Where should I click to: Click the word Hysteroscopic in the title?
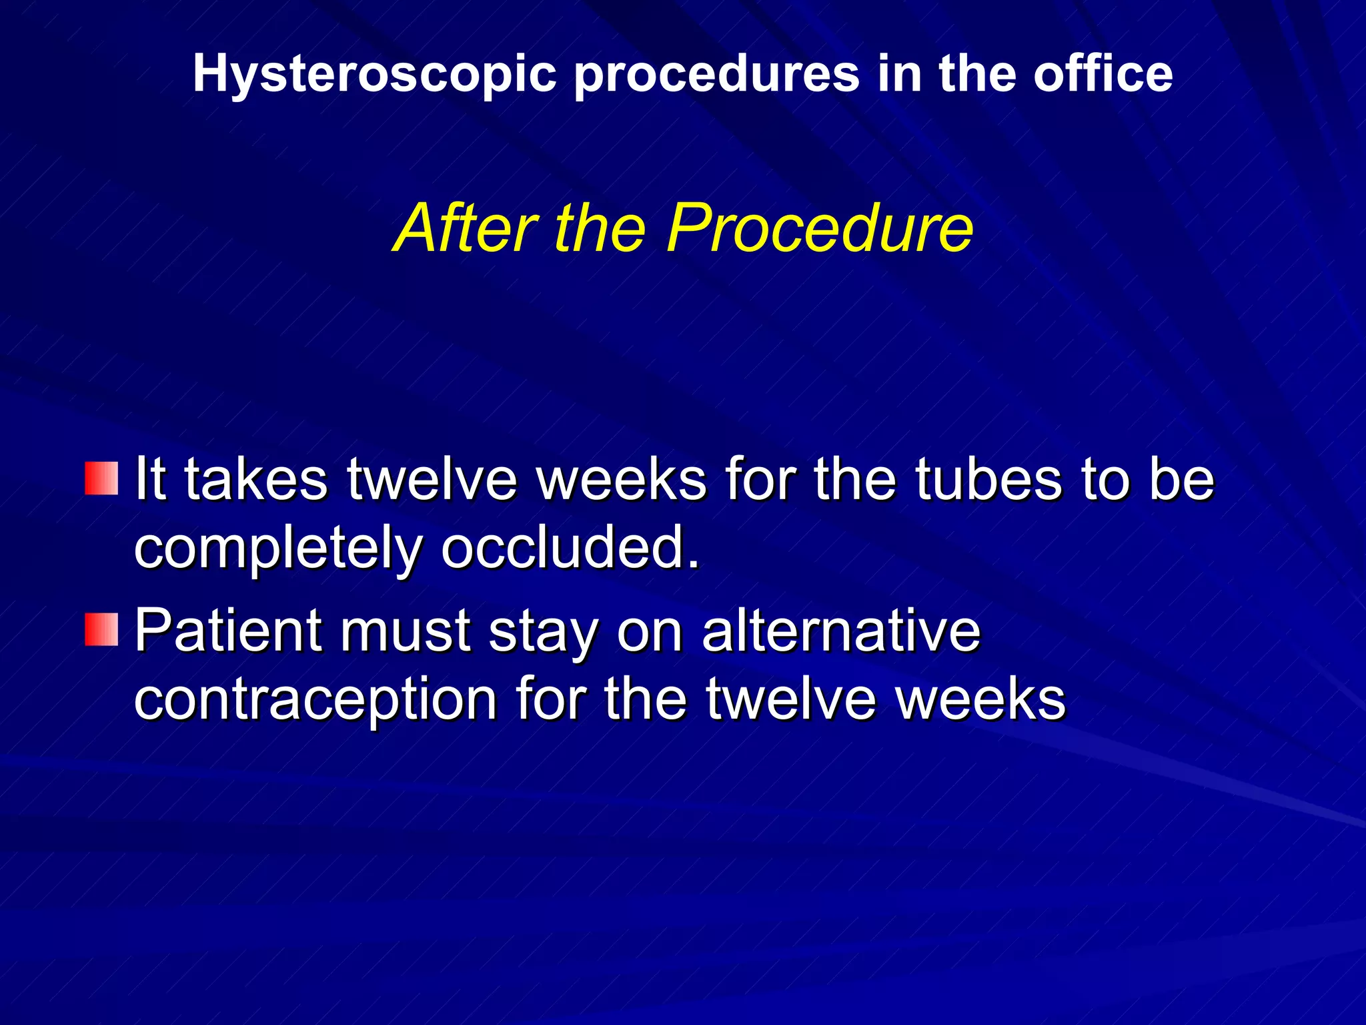pyautogui.click(x=374, y=75)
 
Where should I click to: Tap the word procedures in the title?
pyautogui.click(x=716, y=75)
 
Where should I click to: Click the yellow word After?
pyautogui.click(x=466, y=228)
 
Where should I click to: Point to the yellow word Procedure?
pyautogui.click(x=820, y=228)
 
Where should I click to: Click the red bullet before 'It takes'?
pyautogui.click(x=101, y=478)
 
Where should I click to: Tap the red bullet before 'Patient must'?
pyautogui.click(x=101, y=629)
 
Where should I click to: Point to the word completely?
pyautogui.click(x=277, y=549)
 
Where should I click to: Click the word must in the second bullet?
pyautogui.click(x=406, y=632)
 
